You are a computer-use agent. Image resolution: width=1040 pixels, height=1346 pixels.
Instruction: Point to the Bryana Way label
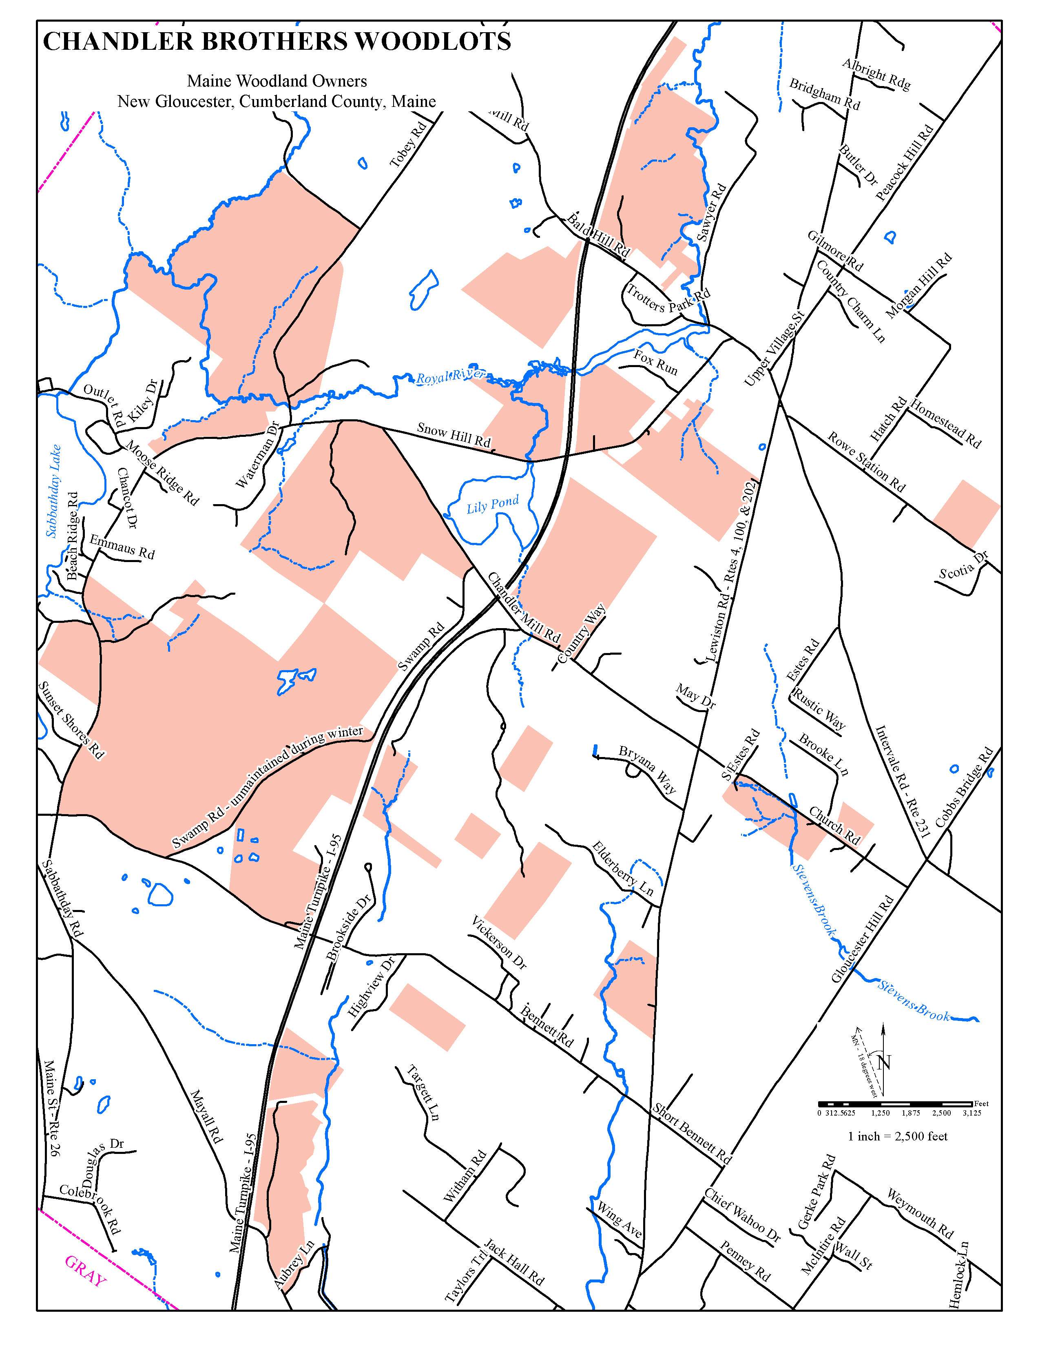point(648,769)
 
